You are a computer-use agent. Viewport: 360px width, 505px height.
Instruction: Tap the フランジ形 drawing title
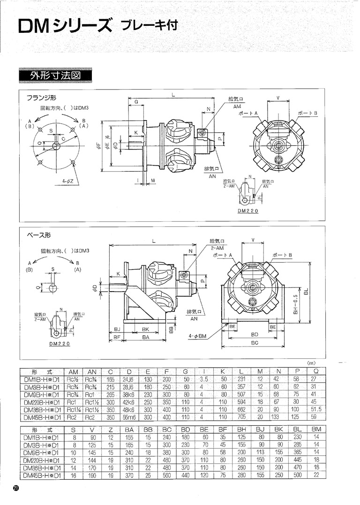click(x=41, y=98)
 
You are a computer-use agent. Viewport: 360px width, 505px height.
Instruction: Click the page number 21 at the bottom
click(x=15, y=488)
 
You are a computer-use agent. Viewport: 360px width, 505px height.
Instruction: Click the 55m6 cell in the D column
click(x=129, y=416)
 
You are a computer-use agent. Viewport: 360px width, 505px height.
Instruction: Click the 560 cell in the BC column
click(x=167, y=475)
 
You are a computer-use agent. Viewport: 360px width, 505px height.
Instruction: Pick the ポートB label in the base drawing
click(x=283, y=255)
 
